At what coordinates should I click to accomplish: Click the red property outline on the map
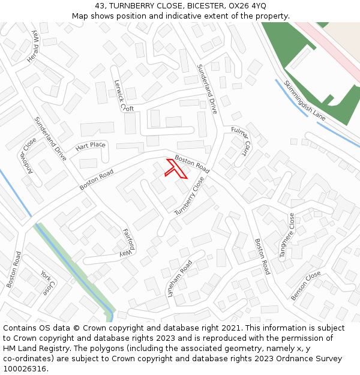(x=175, y=170)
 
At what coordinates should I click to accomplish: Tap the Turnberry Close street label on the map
(x=190, y=196)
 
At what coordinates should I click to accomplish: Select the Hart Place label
(x=90, y=146)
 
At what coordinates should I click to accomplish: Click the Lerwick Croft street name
(x=124, y=95)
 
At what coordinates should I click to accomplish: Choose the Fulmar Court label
(x=240, y=140)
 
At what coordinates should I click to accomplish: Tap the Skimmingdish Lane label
(x=304, y=100)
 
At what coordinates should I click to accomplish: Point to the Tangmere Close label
(x=287, y=235)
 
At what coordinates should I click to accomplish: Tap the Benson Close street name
(x=306, y=286)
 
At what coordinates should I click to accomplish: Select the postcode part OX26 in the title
(x=239, y=6)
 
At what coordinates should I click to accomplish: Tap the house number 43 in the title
(x=100, y=6)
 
